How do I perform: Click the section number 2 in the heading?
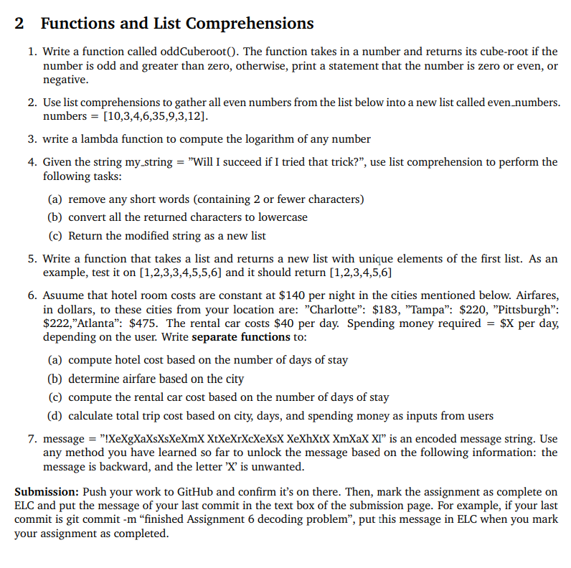[x=19, y=23]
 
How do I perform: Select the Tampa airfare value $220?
[x=425, y=309]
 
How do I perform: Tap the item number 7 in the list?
[x=32, y=439]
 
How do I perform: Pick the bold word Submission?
[x=47, y=492]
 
